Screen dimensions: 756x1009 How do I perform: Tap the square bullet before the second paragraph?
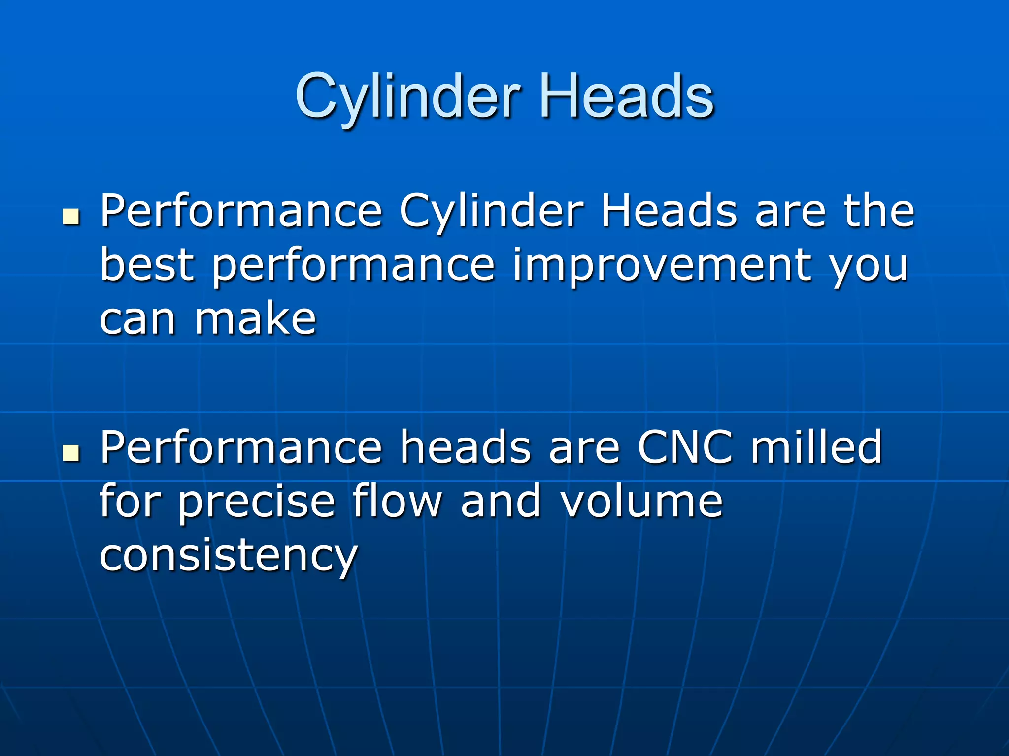click(71, 453)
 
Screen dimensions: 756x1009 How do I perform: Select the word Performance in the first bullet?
click(241, 212)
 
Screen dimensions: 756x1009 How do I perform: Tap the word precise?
click(256, 502)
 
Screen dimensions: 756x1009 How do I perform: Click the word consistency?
click(228, 556)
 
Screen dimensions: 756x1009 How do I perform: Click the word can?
click(137, 320)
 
